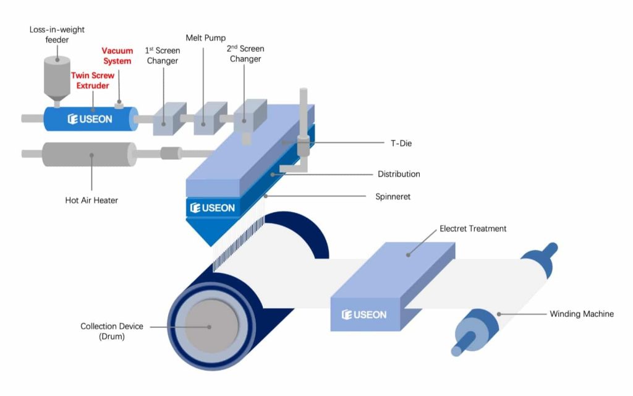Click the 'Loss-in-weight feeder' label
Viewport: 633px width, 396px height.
pos(56,35)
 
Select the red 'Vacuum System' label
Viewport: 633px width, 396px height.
pos(117,56)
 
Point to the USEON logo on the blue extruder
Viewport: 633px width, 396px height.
pos(90,119)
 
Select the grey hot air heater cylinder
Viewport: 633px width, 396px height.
pos(90,154)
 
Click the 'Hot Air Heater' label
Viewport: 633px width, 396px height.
pos(91,200)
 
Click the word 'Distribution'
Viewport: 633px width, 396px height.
pos(399,174)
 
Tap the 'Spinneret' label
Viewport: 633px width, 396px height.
pos(393,197)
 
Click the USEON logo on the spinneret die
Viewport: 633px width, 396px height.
pos(212,208)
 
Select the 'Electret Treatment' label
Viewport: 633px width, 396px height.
pos(473,229)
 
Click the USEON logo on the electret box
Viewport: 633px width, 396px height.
pos(364,315)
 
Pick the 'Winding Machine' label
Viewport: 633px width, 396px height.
pos(582,314)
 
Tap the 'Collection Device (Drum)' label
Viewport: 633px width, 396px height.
pos(112,331)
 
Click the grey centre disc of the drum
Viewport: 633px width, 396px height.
pos(211,327)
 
